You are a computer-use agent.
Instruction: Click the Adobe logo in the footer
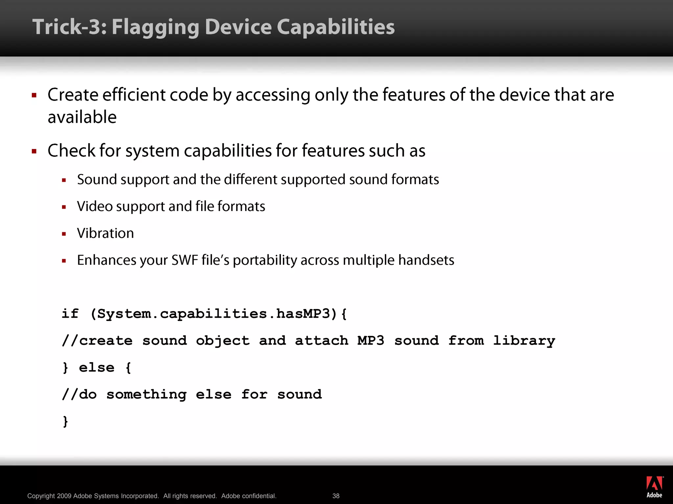[654, 487]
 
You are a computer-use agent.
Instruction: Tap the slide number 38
[336, 496]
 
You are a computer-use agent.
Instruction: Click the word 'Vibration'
[105, 233]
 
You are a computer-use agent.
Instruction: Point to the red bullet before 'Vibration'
[64, 234]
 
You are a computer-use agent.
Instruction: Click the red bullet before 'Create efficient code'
[34, 95]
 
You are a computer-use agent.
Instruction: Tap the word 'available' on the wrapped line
[82, 117]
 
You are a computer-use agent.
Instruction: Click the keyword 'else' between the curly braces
[97, 367]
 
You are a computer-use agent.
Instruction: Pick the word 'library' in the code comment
[524, 341]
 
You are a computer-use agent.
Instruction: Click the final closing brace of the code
[65, 421]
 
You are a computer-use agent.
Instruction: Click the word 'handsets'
[426, 260]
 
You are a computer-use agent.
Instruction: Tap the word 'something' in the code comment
[147, 394]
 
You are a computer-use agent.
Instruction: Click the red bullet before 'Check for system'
[34, 151]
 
